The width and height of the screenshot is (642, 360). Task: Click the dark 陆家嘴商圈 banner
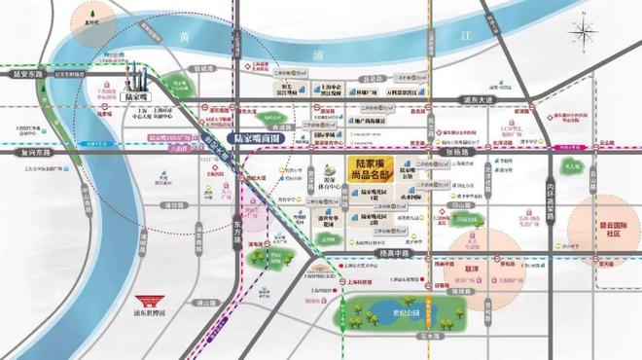258,137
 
